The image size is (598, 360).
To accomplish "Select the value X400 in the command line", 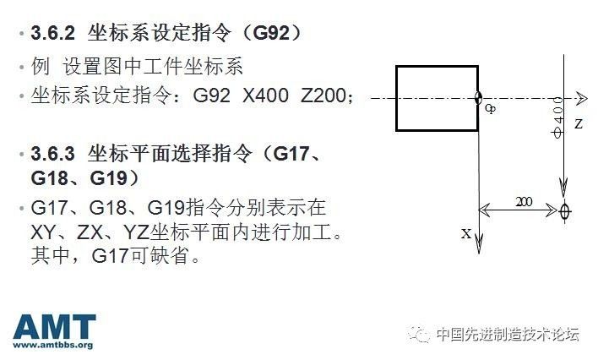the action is [x=266, y=96].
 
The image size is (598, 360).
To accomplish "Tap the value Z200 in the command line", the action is [x=325, y=96].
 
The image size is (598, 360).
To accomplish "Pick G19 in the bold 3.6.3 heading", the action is [x=108, y=179].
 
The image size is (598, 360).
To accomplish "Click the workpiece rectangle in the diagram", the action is [x=437, y=98].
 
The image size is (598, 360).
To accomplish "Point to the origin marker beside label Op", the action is [x=479, y=98].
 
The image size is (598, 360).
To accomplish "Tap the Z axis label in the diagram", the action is [x=579, y=124].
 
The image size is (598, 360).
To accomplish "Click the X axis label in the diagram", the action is [x=465, y=233].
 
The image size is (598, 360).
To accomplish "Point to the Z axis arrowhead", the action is [x=580, y=98].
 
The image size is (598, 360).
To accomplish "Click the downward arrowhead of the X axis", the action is [x=479, y=244].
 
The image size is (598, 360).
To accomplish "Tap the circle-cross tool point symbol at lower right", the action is [x=565, y=209].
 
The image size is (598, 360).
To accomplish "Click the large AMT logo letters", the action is [x=54, y=327].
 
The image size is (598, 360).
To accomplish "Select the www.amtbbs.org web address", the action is [x=54, y=345].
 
